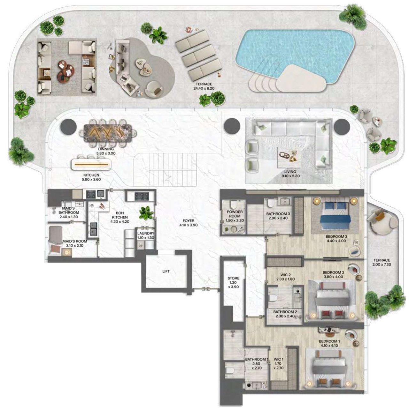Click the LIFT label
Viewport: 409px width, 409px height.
[166, 271]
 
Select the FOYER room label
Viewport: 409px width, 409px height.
[188, 221]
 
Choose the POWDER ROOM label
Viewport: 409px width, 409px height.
[235, 214]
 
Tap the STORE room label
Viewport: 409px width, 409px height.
[233, 278]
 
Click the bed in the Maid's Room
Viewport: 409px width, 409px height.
[56, 240]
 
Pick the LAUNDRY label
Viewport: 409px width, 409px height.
[146, 234]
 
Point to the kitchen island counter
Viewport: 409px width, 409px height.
[92, 164]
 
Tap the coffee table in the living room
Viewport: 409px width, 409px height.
[288, 157]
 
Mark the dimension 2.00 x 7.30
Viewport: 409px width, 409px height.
[382, 264]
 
